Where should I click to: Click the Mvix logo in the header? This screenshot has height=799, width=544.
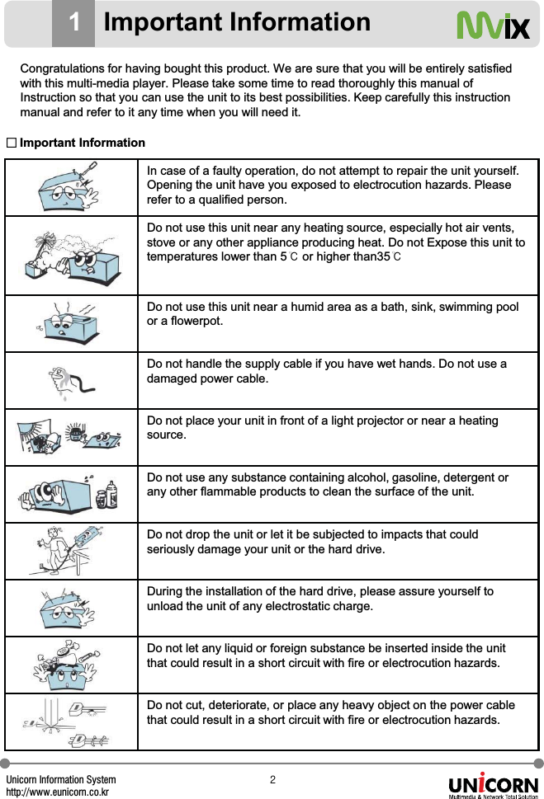pyautogui.click(x=493, y=26)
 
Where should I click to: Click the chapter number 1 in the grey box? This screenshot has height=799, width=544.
pyautogui.click(x=73, y=23)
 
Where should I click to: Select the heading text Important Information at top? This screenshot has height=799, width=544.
pyautogui.click(x=237, y=22)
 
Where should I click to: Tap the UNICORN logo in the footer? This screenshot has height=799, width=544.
pyautogui.click(x=493, y=785)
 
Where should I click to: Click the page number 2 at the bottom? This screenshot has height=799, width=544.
pyautogui.click(x=272, y=779)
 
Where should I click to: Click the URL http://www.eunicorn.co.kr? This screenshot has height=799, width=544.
pyautogui.click(x=59, y=792)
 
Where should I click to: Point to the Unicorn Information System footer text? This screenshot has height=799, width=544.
pyautogui.click(x=61, y=779)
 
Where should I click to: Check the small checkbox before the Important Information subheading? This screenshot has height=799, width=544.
pyautogui.click(x=12, y=143)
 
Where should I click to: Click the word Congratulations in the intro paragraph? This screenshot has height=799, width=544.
pyautogui.click(x=59, y=67)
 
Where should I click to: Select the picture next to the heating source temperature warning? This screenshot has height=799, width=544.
pyautogui.click(x=70, y=256)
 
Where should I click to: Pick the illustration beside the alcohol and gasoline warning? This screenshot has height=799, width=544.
pyautogui.click(x=70, y=494)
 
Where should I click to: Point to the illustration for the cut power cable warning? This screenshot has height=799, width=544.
pyautogui.click(x=70, y=722)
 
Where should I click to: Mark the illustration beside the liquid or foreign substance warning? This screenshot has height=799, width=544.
pyautogui.click(x=70, y=665)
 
